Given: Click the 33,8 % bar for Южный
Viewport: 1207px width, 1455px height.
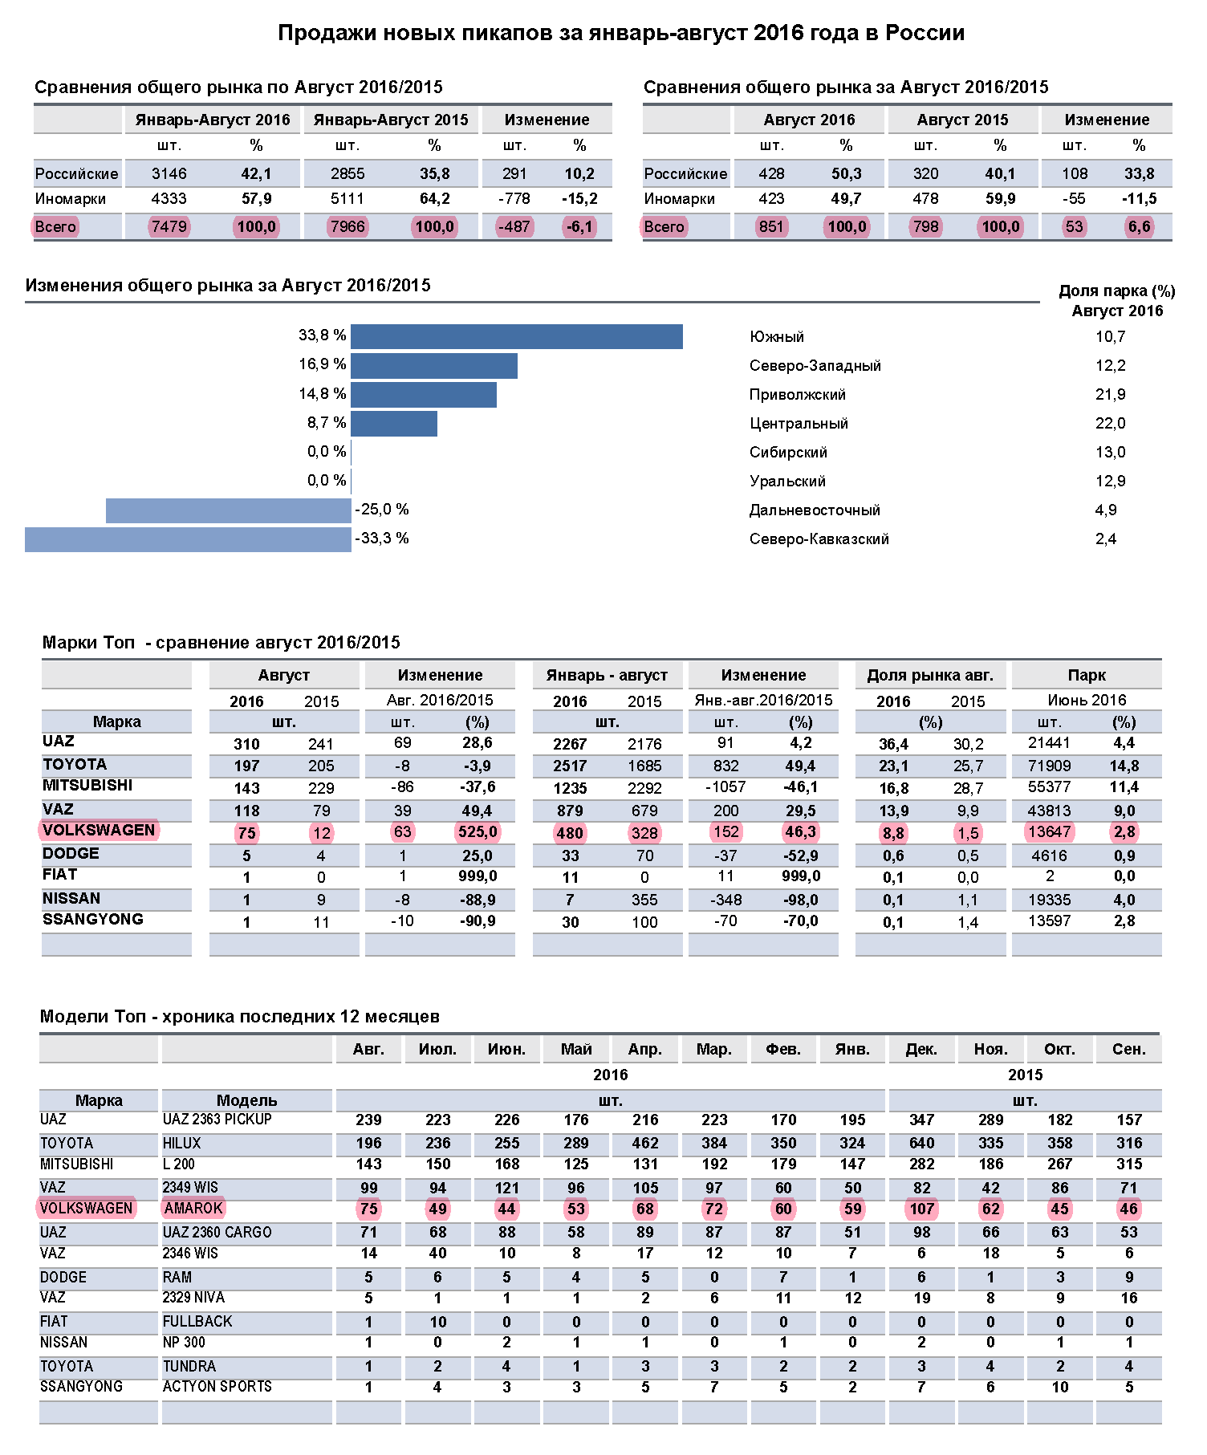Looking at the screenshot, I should [517, 336].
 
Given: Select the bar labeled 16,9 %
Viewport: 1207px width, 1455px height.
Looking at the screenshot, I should [434, 366].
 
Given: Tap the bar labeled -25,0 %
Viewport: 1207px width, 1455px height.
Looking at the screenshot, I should [229, 510].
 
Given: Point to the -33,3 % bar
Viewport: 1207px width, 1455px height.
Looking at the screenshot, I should [188, 539].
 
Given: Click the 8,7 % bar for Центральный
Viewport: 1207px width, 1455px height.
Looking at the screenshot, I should [394, 424].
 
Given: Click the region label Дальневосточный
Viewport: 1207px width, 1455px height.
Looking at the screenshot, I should [815, 510].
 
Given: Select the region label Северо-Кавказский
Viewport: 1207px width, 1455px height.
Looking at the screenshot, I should [819, 539].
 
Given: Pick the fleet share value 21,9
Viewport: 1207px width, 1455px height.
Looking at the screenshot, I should [1110, 395].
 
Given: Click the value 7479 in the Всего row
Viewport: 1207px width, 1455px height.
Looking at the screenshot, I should [169, 227].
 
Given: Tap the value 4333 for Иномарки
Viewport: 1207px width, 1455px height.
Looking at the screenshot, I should [169, 199].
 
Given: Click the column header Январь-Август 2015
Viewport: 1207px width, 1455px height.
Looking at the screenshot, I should [391, 120].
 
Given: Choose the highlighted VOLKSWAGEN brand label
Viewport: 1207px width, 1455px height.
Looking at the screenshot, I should [99, 830].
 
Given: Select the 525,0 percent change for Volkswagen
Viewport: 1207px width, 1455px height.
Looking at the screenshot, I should [478, 832].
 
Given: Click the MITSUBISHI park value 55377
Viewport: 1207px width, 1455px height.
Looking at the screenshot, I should [1050, 787].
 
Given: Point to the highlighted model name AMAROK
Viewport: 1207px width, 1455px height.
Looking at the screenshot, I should [193, 1208].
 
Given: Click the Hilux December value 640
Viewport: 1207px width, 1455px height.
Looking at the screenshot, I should [921, 1143].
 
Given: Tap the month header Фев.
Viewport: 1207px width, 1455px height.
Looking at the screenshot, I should [783, 1050].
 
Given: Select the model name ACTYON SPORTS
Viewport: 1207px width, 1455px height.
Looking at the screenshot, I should [217, 1386].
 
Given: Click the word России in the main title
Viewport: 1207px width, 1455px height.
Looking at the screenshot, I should [925, 33].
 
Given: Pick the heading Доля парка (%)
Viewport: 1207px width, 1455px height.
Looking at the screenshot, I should [1116, 291].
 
